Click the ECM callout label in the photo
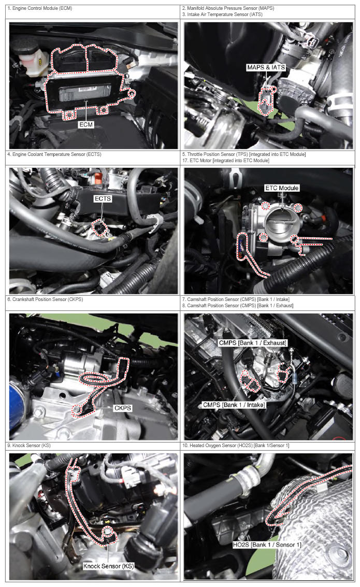[x=86, y=124]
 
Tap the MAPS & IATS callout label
[x=266, y=67]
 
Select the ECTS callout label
[x=103, y=198]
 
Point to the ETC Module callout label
[x=282, y=188]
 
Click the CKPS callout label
[x=122, y=408]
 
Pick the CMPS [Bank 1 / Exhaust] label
[x=253, y=342]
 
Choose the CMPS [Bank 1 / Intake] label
[x=234, y=405]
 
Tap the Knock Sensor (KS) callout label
[x=109, y=566]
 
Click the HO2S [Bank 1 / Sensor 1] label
[x=267, y=545]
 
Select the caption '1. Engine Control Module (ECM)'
[x=40, y=8]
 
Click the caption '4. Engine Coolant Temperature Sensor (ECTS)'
[x=54, y=154]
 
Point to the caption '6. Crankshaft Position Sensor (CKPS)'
[x=45, y=299]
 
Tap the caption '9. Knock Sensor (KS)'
[x=29, y=446]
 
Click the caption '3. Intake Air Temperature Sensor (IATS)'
[x=222, y=15]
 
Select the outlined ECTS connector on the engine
[x=100, y=228]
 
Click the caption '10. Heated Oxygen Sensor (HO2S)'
[x=236, y=446]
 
